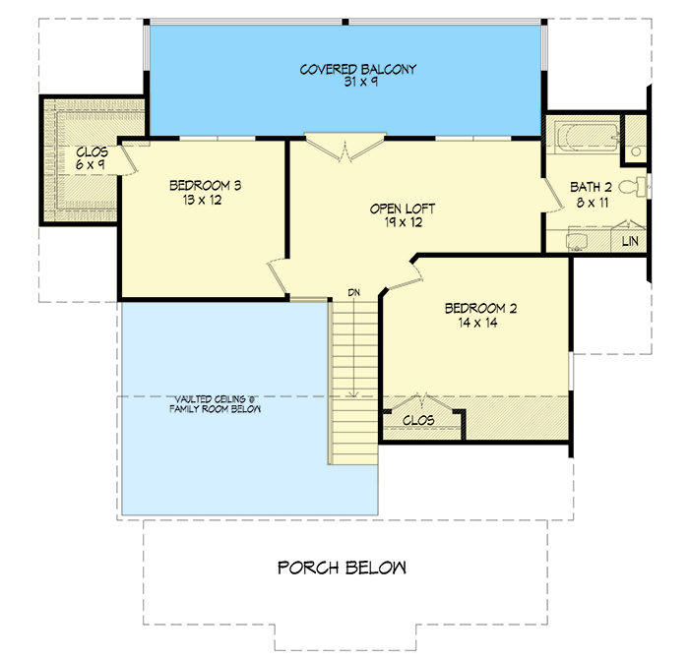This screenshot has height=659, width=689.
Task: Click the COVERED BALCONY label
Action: [x=344, y=70]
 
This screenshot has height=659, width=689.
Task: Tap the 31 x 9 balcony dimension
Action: [x=344, y=83]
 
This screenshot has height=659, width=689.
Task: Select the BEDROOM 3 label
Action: [x=206, y=185]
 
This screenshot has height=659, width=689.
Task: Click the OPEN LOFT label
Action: [x=403, y=209]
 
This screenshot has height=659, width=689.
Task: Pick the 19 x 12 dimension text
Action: [x=403, y=222]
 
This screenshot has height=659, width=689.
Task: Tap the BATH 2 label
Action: [x=592, y=188]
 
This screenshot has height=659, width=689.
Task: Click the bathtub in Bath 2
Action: [x=585, y=139]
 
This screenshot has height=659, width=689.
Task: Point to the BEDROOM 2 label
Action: [x=480, y=308]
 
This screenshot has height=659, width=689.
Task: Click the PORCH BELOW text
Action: [x=342, y=568]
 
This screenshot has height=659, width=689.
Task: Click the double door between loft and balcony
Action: [x=344, y=150]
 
